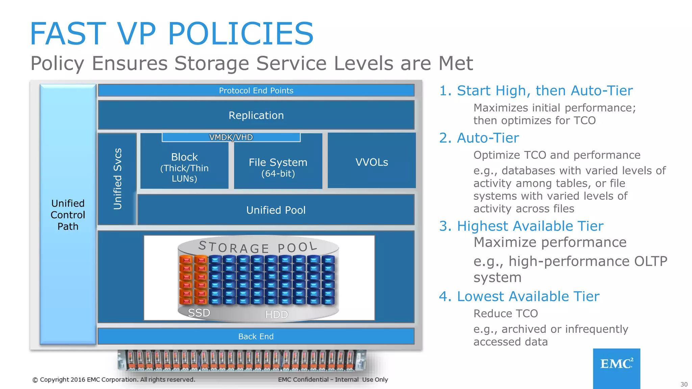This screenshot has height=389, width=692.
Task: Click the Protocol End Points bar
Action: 256,90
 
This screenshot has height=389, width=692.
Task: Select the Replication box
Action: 256,115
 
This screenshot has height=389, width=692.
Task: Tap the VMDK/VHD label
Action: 231,137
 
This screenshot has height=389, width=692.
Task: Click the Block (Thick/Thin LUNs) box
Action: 184,167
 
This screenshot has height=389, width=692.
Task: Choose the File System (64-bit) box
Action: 278,167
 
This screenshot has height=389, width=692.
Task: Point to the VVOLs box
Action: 372,162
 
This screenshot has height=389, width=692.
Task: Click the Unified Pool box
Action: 276,210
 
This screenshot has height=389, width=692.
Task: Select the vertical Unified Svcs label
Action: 117,179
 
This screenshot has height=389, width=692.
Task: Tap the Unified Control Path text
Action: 68,215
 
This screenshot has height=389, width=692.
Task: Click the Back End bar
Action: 256,336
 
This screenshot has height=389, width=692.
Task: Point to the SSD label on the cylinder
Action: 199,313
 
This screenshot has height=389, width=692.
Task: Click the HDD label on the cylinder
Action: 276,314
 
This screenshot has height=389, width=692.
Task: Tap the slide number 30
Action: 684,384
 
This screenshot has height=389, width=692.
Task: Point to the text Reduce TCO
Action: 505,313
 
